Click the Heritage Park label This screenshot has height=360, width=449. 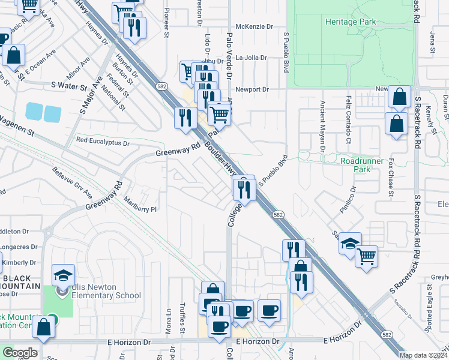coord(350,22)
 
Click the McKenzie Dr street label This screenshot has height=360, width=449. coord(254,26)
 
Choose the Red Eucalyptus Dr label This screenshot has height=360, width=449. coord(103,143)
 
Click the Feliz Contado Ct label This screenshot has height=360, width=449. coord(348,119)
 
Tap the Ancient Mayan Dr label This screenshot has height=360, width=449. coord(322,125)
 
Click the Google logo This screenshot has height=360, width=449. coord(19,353)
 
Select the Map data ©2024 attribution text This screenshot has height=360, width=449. coord(421,355)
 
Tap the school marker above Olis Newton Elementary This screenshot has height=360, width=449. coord(63,275)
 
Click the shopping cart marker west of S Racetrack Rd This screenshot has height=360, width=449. coord(366,256)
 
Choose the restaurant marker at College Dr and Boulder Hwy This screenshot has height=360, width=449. coord(244,190)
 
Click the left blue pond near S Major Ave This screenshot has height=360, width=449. coord(34,112)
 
